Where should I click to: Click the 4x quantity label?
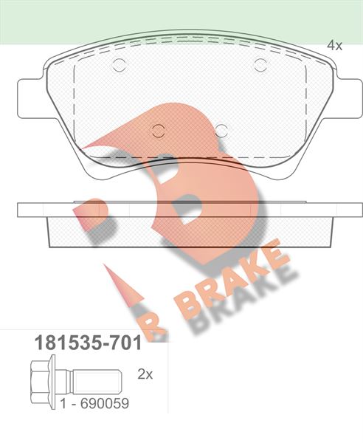pos(335,46)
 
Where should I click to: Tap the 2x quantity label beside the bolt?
pos(145,374)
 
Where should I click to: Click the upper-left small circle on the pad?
pos(119,65)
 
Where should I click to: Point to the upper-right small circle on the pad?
pos(260,65)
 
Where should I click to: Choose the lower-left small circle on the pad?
pos(156,131)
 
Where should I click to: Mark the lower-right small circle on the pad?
pos(221,131)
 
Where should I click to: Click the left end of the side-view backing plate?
pos(22,209)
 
